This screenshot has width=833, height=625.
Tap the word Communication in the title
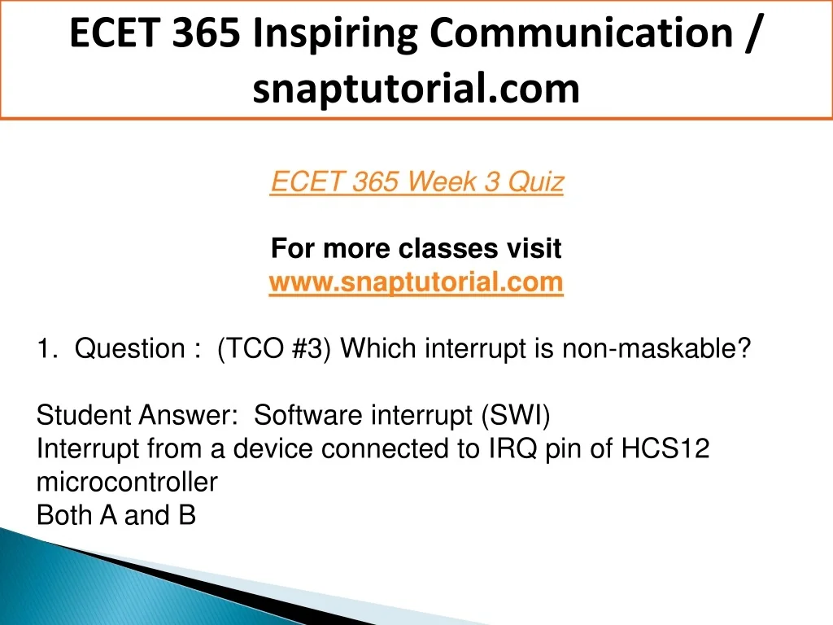click(x=581, y=33)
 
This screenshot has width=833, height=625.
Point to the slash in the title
click(x=752, y=33)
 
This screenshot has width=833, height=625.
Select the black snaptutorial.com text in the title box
click(x=416, y=89)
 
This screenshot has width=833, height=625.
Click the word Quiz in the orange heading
click(x=535, y=181)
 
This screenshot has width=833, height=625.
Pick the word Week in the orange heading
click(x=442, y=181)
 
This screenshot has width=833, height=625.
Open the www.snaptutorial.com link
click(x=416, y=282)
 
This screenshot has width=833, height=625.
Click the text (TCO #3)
click(x=273, y=348)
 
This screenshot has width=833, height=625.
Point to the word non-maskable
click(x=656, y=348)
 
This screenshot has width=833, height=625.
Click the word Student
click(x=84, y=415)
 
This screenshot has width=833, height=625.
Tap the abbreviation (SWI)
click(x=515, y=415)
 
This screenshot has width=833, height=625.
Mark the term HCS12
click(x=665, y=448)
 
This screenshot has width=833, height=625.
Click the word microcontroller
click(x=127, y=482)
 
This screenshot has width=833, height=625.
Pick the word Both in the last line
click(x=63, y=515)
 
